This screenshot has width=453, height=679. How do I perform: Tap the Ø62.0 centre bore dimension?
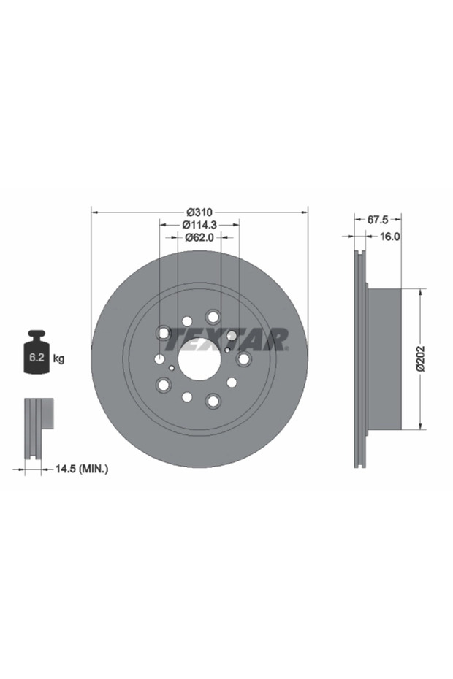[199, 237]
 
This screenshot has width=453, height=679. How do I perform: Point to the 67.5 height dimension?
[377, 219]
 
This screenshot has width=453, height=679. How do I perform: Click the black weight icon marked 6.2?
[37, 354]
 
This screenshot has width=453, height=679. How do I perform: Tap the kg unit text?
[59, 358]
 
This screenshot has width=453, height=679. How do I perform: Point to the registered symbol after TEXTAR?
[286, 349]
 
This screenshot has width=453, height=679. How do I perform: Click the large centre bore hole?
[199, 359]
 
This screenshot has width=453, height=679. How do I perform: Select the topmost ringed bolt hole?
[213, 317]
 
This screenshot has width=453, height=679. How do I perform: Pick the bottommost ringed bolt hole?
[213, 401]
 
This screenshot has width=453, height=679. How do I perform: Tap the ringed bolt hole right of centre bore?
[244, 359]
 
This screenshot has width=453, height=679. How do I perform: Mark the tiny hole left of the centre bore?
[171, 369]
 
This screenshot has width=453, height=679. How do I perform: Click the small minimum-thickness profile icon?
[38, 429]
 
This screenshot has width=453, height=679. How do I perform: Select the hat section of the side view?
[384, 358]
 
